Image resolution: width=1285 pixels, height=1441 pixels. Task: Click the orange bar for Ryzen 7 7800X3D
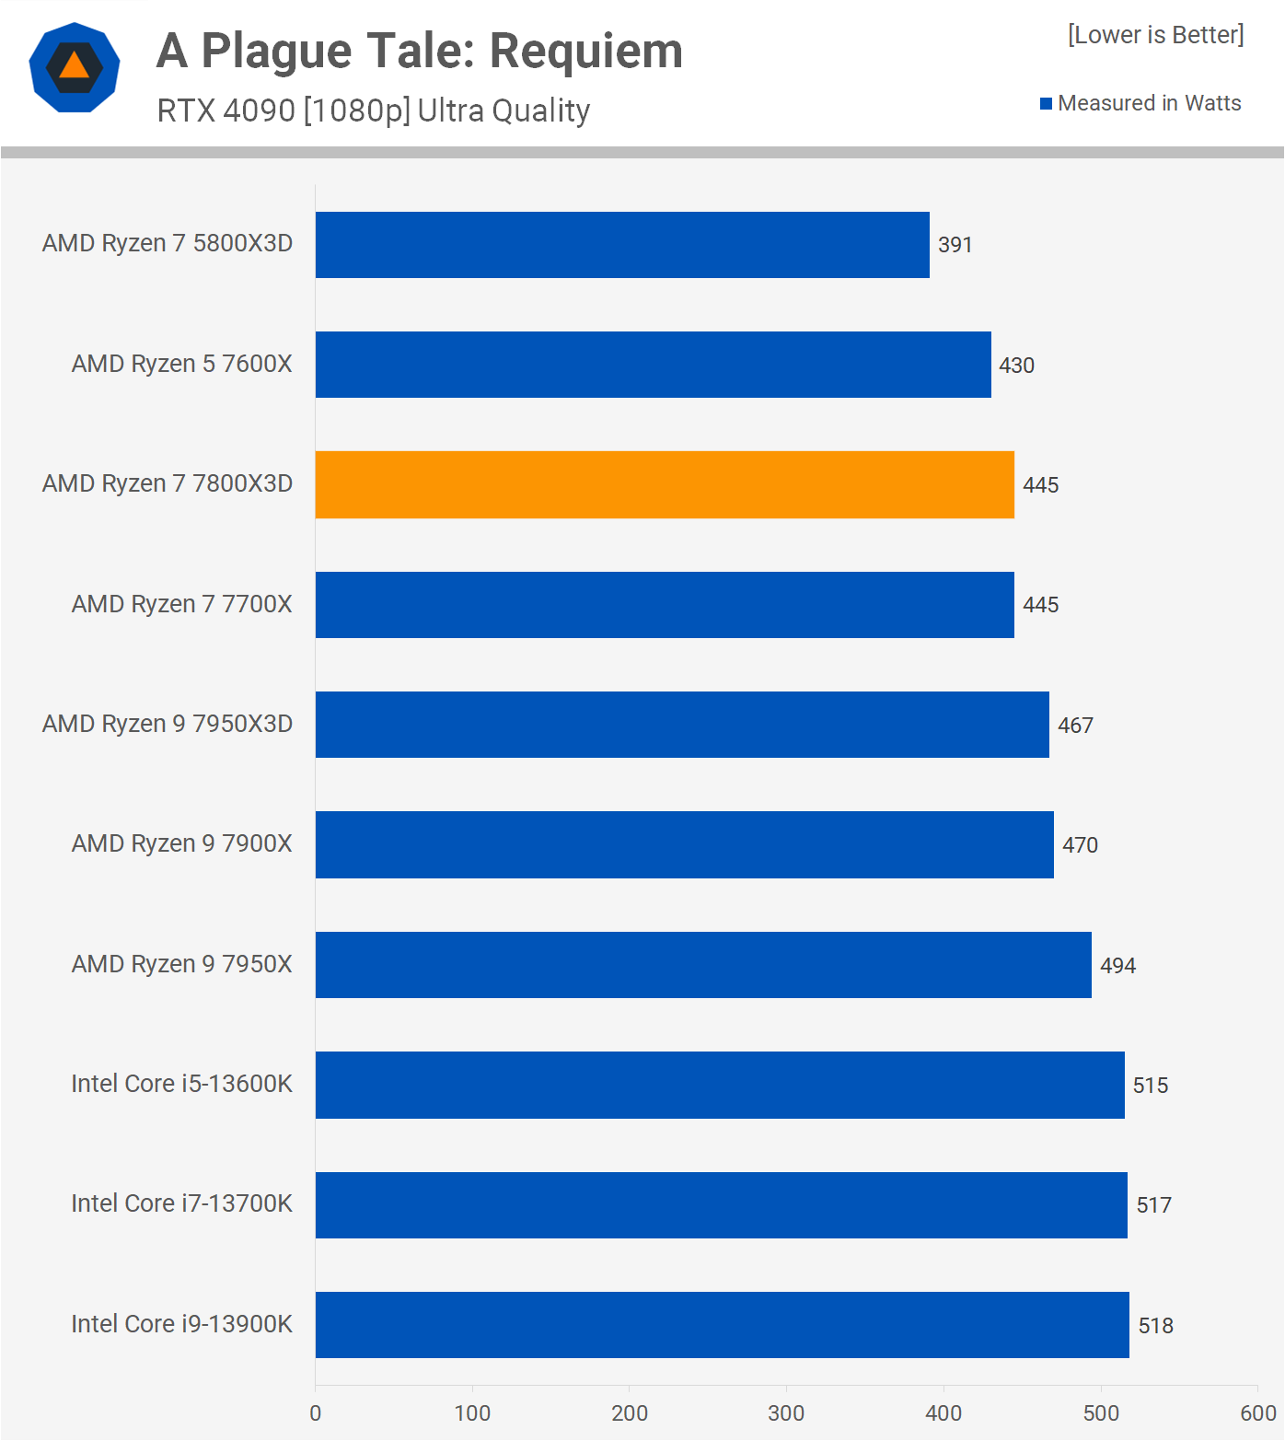click(665, 484)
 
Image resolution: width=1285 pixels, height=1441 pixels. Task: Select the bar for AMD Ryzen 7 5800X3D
click(622, 245)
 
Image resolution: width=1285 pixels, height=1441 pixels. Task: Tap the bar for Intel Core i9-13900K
click(722, 1325)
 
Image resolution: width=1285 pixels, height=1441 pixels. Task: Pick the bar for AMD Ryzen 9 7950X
click(703, 965)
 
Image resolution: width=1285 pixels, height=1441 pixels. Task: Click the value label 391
click(955, 245)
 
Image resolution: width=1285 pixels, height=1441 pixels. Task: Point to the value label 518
click(1155, 1326)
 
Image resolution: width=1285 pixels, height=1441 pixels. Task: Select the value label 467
click(1075, 726)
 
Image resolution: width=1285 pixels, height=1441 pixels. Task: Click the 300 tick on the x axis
click(786, 1413)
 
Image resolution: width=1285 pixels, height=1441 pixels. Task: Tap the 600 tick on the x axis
click(1257, 1413)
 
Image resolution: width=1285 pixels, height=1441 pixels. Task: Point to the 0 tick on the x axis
click(316, 1413)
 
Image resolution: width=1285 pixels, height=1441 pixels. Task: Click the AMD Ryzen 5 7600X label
click(181, 364)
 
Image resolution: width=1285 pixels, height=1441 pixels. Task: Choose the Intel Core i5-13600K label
click(181, 1084)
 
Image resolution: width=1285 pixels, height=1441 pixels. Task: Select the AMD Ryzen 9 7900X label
click(181, 843)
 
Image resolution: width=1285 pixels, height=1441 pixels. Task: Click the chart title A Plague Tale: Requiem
click(420, 51)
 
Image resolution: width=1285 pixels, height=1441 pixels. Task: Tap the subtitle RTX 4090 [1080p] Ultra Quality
click(373, 110)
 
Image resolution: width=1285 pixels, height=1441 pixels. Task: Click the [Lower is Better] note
click(1155, 35)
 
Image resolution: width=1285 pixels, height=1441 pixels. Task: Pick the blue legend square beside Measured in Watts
click(1046, 104)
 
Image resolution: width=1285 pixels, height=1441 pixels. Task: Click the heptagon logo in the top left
click(75, 67)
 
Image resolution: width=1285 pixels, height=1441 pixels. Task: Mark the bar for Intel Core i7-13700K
click(721, 1205)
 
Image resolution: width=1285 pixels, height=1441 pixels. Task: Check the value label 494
click(1117, 966)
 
